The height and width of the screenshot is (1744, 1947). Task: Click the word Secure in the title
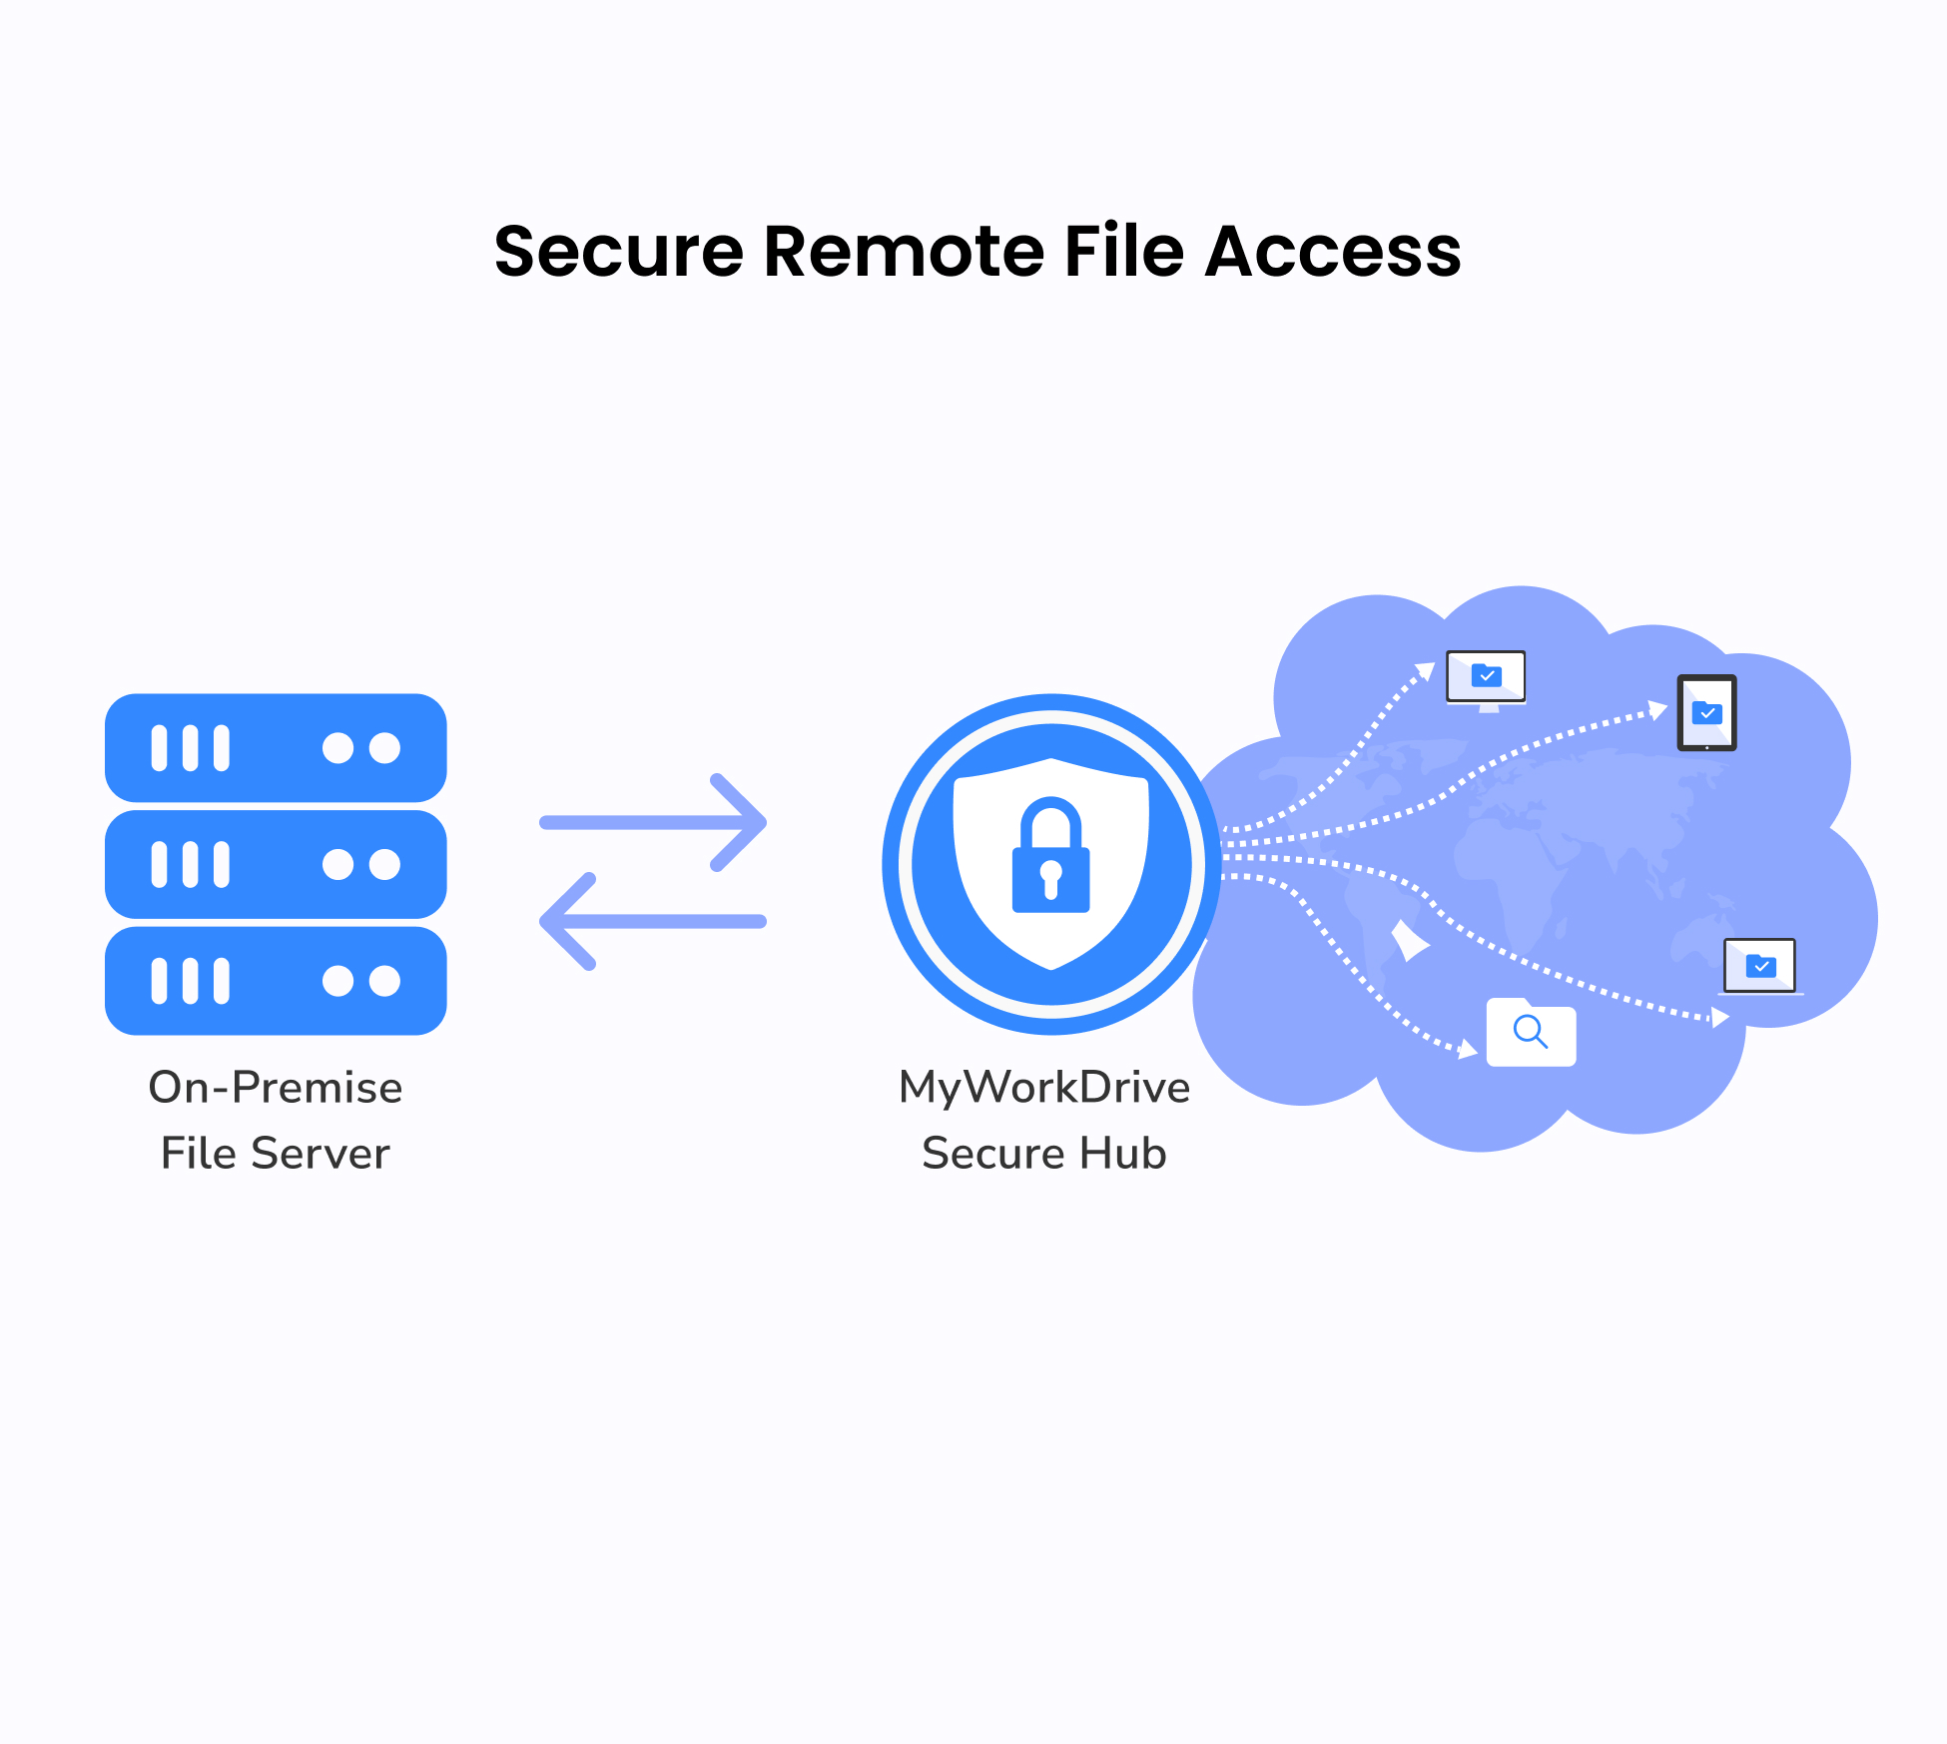point(618,252)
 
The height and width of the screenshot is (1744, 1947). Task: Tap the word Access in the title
point(1333,252)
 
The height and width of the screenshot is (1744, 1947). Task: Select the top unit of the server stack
point(276,748)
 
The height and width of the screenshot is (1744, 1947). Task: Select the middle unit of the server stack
point(276,864)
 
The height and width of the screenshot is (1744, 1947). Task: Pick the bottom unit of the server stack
point(276,981)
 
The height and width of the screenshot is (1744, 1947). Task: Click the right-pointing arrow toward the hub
point(654,822)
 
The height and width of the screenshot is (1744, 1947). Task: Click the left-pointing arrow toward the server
point(654,921)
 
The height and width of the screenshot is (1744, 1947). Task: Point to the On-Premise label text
point(276,1088)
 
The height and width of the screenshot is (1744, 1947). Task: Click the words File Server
point(276,1154)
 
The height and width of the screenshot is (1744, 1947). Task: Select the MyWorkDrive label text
point(1044,1088)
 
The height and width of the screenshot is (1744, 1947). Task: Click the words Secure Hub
point(1044,1154)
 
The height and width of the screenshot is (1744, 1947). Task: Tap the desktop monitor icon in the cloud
point(1486,679)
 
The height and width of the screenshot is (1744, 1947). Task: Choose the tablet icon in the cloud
point(1706,713)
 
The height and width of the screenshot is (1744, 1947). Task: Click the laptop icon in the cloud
point(1760,967)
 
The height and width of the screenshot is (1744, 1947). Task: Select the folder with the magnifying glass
point(1531,1033)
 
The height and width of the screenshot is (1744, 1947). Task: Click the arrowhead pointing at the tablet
point(1657,710)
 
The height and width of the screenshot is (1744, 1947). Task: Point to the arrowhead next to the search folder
point(1468,1049)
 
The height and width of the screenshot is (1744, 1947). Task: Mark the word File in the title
point(1124,252)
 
